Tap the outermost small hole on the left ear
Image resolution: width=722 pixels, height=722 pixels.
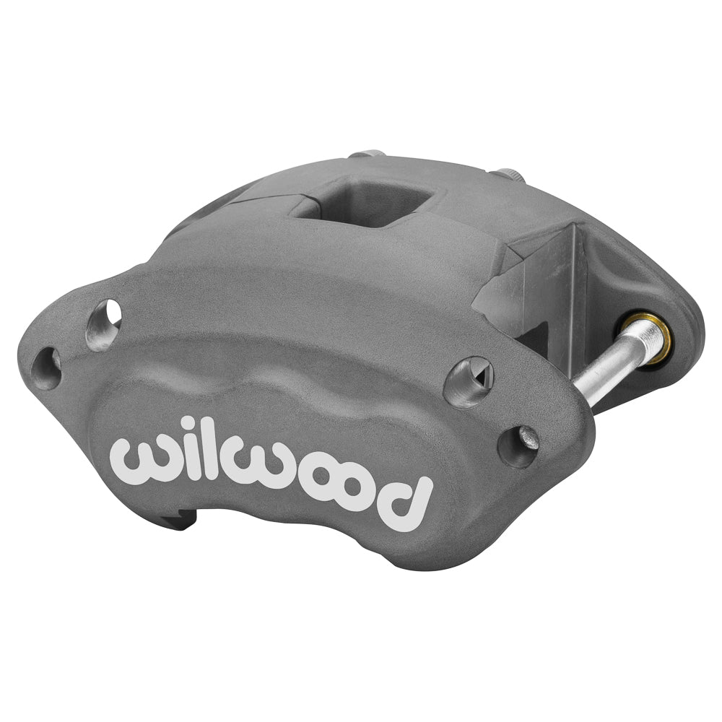coord(48,367)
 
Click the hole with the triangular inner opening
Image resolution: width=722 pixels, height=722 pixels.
coord(468,380)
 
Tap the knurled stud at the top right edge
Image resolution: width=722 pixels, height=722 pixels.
coord(509,175)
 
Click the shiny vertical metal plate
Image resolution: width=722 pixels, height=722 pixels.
coord(556,289)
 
